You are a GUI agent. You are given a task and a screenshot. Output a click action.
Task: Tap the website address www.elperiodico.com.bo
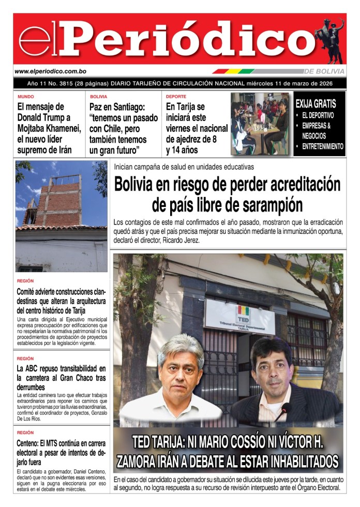pyautogui.click(x=50, y=71)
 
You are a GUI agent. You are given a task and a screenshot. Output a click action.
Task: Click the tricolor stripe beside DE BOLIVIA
pyautogui.click(x=233, y=71)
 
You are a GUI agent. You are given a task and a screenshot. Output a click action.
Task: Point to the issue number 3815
pyautogui.click(x=66, y=83)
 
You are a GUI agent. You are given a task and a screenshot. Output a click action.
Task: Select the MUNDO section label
pyautogui.click(x=25, y=97)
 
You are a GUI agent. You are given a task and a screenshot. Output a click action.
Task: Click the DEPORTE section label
pyautogui.click(x=176, y=97)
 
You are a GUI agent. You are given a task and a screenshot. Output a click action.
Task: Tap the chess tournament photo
pyautogui.click(x=260, y=124)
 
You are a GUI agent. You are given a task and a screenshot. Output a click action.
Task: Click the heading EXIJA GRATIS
pyautogui.click(x=316, y=104)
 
